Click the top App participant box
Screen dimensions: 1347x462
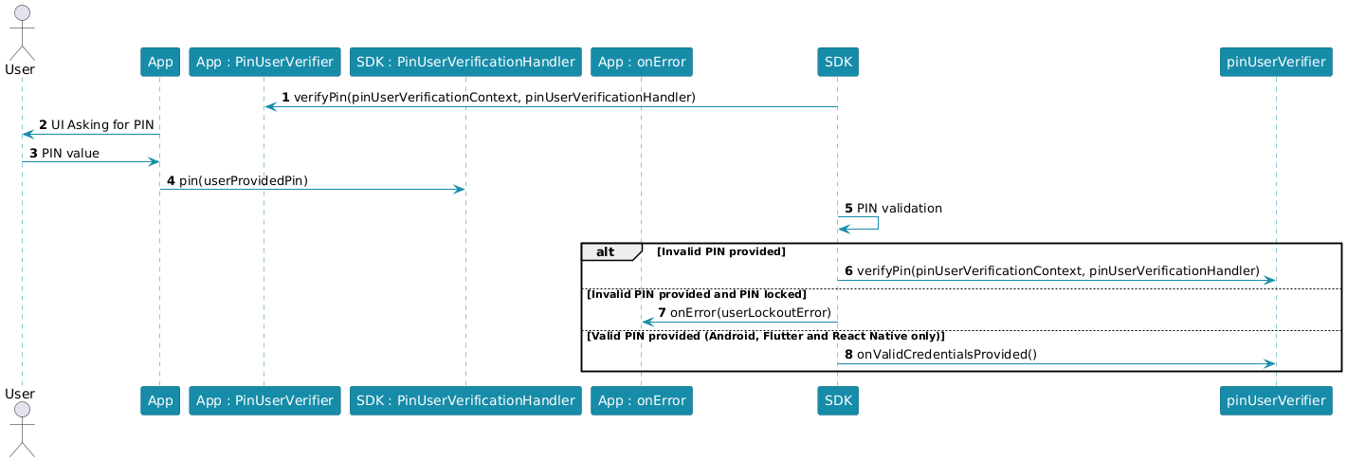(x=160, y=62)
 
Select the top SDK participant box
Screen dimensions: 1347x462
(x=838, y=62)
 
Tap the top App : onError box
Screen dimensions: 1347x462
(x=642, y=62)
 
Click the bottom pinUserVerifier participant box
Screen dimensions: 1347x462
(x=1276, y=400)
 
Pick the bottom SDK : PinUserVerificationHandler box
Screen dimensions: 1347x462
(x=465, y=400)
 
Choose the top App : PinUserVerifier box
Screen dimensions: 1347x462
(x=264, y=62)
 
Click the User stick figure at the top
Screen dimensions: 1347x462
(x=22, y=33)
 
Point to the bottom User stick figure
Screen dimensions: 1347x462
(x=22, y=430)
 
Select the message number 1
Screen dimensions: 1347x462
(x=285, y=98)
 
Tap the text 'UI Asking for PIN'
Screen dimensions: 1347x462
(x=102, y=125)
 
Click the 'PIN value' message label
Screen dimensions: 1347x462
(x=70, y=154)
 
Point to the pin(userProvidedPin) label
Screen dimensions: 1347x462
(x=244, y=181)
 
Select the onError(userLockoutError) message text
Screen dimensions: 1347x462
(x=751, y=313)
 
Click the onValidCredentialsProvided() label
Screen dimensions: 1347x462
(x=947, y=355)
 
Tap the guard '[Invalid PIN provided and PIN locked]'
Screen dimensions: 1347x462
(x=697, y=294)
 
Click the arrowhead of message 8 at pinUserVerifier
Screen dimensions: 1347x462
(x=1270, y=364)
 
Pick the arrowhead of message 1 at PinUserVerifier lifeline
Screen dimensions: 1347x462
(x=270, y=107)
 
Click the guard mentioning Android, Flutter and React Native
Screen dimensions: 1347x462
(x=766, y=336)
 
